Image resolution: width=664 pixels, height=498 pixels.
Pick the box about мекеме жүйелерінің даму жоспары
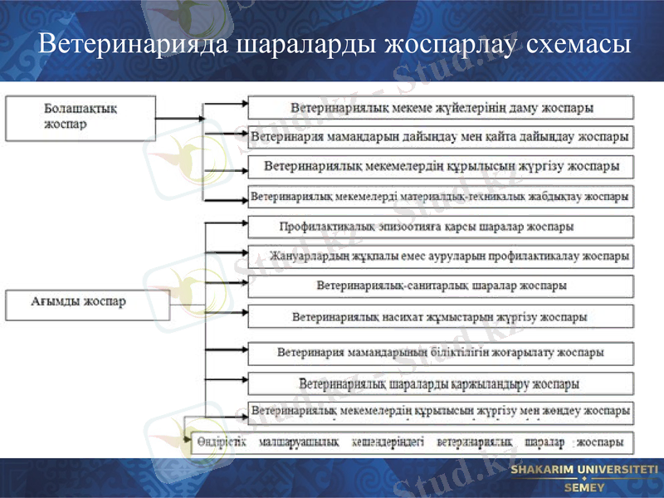click(442, 108)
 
